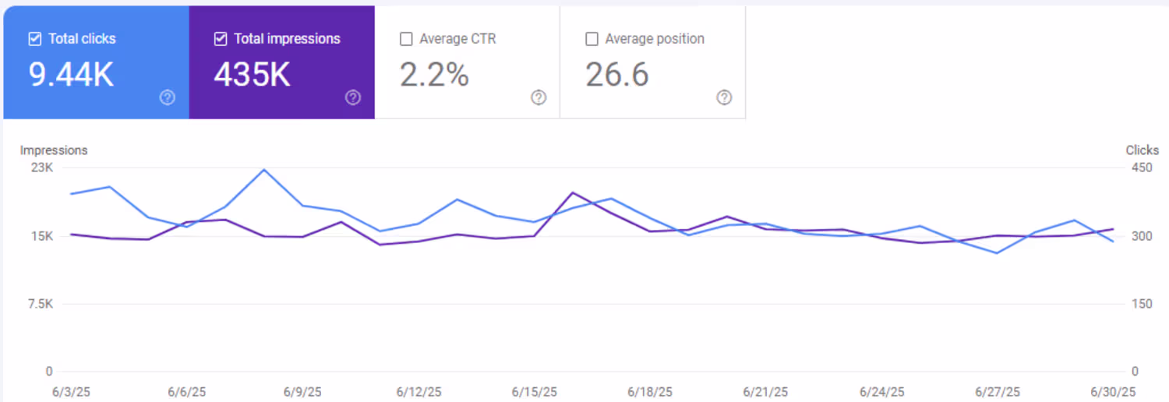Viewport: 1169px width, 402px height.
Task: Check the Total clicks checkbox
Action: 35,39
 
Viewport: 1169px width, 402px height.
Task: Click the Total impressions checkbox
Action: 221,39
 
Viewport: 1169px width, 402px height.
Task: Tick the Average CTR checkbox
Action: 406,39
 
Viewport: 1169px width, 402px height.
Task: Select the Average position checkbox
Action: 592,39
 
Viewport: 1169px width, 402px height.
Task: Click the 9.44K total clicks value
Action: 72,75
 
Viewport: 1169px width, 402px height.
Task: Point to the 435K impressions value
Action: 253,75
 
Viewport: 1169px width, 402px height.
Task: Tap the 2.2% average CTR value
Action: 434,75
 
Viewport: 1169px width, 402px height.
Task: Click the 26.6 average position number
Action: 616,75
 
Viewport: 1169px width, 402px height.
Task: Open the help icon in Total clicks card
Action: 168,97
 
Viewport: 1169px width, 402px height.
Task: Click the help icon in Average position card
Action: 724,97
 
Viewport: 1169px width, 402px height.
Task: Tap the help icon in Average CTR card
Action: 539,97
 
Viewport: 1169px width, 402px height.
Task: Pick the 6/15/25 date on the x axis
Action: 534,392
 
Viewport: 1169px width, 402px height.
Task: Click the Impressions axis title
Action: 54,150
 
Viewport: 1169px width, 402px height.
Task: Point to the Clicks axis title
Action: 1143,150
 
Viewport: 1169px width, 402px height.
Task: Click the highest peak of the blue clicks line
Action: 264,170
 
